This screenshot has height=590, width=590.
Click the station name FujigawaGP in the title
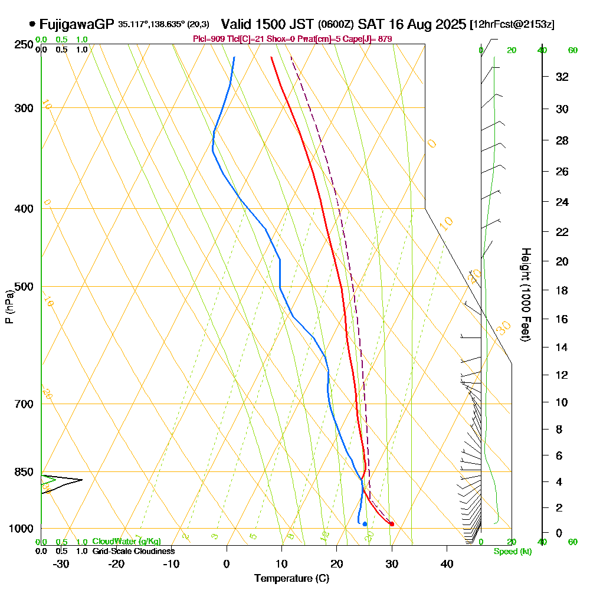[76, 24]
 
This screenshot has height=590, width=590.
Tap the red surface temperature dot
[392, 524]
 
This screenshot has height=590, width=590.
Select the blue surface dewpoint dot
[365, 524]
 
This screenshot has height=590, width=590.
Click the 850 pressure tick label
[23, 472]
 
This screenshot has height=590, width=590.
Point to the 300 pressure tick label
[23, 108]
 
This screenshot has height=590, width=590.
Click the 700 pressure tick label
[23, 404]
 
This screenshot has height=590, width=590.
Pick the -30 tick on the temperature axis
[61, 563]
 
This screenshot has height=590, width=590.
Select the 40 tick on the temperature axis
[447, 563]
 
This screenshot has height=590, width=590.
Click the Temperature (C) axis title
[291, 578]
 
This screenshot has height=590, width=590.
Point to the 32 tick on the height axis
[562, 77]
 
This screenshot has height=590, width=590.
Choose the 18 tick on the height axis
[562, 290]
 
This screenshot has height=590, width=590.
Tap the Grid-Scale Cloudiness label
[133, 551]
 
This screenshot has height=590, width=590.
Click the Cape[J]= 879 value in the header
[371, 39]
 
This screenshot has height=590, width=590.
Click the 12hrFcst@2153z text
[512, 25]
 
